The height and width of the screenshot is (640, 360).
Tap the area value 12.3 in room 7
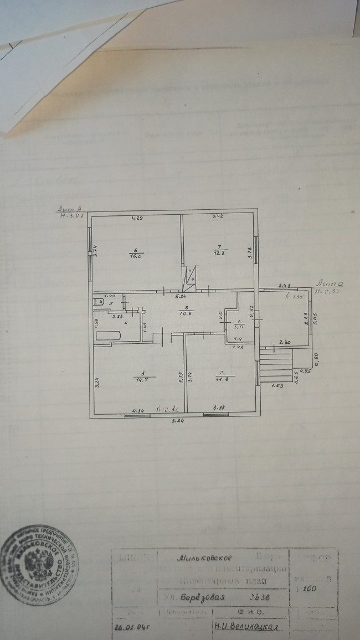218,253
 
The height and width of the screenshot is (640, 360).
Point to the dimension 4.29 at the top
137,219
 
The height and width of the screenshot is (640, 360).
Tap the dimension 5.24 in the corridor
181,297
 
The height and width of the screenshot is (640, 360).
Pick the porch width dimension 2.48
285,285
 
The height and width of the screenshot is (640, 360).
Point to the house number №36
259,598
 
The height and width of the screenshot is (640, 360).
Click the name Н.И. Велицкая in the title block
245,627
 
